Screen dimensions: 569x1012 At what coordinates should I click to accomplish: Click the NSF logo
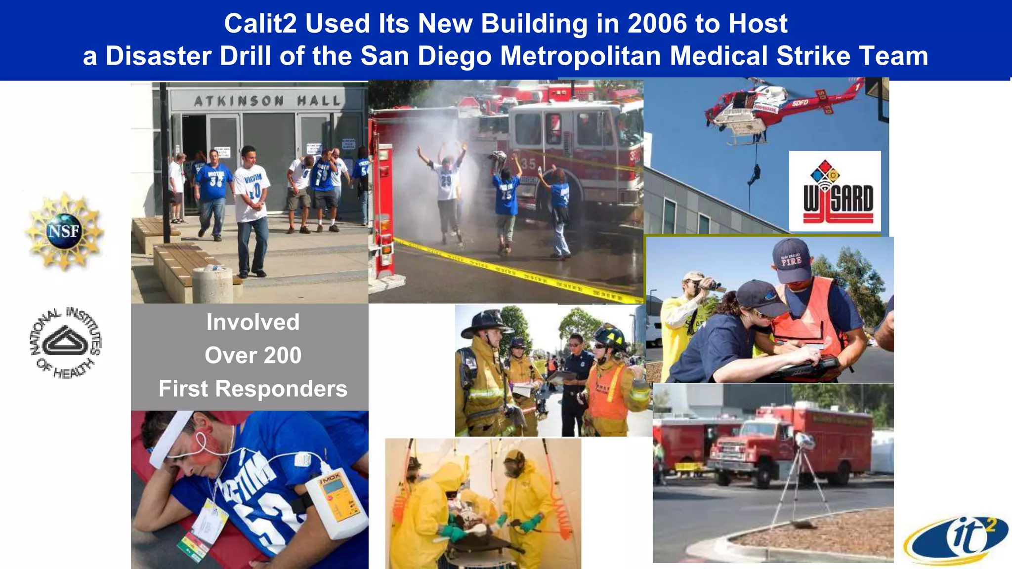click(x=64, y=231)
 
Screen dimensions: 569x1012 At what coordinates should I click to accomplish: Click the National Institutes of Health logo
click(x=65, y=342)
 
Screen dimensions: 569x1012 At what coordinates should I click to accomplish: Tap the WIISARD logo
click(x=835, y=192)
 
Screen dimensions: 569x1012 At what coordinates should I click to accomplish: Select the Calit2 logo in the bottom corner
click(x=956, y=541)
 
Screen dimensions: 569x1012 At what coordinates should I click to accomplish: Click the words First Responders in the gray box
click(x=253, y=389)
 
